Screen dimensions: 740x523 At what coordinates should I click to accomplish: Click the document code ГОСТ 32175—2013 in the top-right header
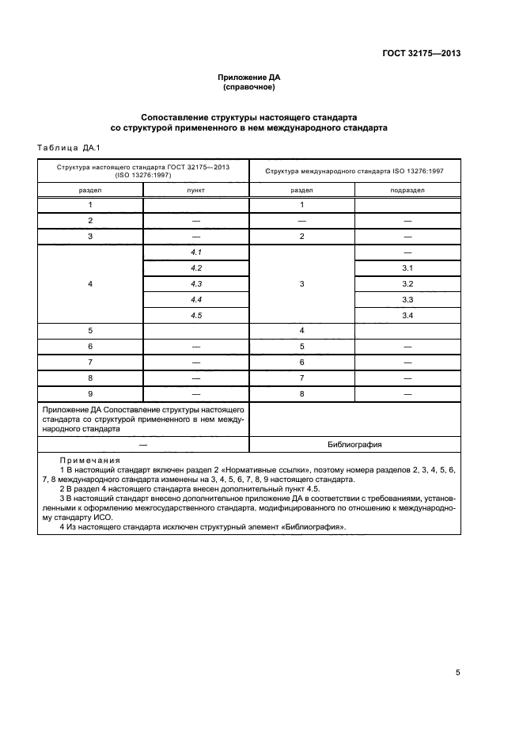417,54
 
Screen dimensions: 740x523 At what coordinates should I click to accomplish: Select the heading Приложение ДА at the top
249,78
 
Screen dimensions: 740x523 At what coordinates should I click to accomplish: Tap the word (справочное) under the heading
249,87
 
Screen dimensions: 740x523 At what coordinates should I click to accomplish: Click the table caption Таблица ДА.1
66,147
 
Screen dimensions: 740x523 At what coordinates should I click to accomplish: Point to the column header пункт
195,190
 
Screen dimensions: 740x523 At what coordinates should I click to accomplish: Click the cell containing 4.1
196,251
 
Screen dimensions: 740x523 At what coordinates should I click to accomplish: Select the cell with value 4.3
196,283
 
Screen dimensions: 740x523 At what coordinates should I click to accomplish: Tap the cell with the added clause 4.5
196,315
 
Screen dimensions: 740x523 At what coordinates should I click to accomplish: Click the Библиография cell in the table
355,445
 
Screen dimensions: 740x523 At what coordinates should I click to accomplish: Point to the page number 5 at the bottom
457,673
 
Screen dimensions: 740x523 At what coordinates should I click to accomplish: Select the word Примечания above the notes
88,460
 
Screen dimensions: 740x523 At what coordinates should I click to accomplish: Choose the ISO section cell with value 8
301,393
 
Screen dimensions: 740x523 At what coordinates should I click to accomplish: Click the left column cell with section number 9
90,393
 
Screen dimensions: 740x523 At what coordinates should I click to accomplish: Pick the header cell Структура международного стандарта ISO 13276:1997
354,170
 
